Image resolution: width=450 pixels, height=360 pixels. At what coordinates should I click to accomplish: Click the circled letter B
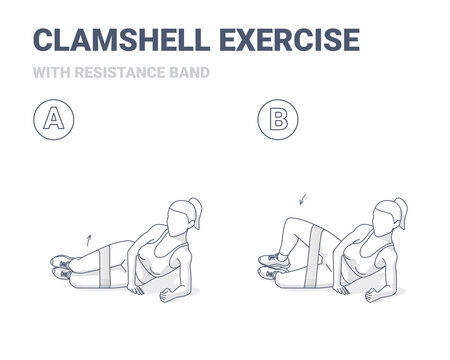(277, 122)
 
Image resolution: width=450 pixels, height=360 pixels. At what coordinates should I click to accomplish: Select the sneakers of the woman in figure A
(62, 264)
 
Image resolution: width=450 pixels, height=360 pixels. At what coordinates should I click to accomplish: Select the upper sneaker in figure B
(272, 258)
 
